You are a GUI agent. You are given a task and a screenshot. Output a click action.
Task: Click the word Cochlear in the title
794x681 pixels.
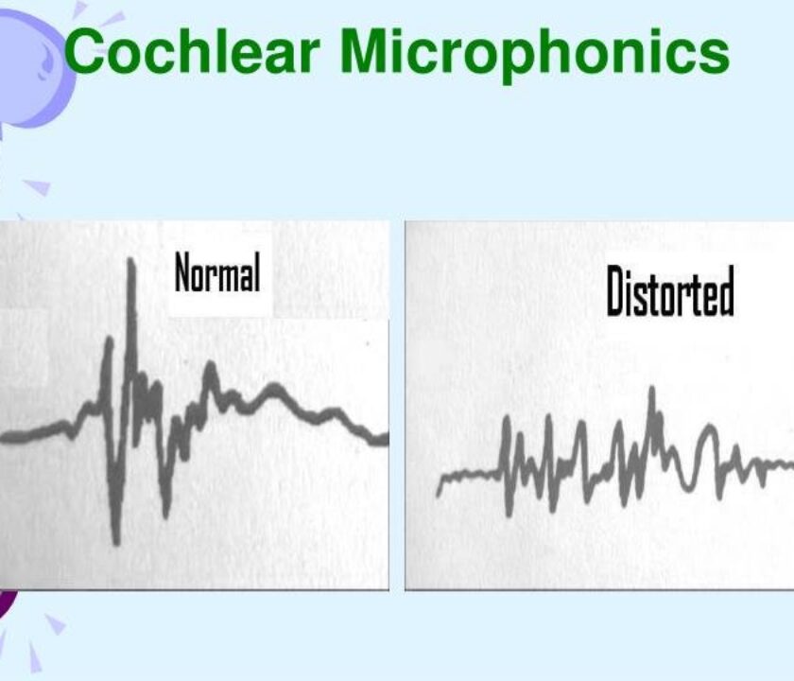(x=193, y=51)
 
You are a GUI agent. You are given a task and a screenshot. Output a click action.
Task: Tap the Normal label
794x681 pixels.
(x=217, y=272)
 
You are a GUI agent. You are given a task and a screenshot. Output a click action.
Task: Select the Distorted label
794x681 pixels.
(x=670, y=290)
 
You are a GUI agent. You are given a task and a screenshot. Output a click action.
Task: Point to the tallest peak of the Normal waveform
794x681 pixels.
(x=131, y=260)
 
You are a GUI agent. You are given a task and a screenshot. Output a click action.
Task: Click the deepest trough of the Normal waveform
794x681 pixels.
(x=116, y=542)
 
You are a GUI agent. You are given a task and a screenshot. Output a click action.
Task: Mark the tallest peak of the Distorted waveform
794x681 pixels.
(x=652, y=389)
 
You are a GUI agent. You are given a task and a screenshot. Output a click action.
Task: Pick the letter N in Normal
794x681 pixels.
(x=183, y=272)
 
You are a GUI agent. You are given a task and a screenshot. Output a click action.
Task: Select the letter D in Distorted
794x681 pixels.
(x=615, y=290)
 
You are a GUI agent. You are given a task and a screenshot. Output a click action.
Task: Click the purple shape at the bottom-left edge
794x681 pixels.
(x=8, y=604)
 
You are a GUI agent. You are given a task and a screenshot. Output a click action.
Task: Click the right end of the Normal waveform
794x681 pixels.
(x=387, y=439)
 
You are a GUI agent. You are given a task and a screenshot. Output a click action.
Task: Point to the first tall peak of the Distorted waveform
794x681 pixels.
(x=507, y=418)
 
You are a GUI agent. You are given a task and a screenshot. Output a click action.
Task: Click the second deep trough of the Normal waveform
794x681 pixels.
(x=165, y=515)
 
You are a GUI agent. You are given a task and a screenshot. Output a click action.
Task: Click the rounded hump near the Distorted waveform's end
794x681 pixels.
(x=709, y=429)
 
